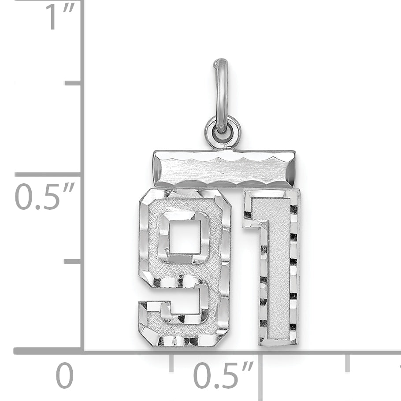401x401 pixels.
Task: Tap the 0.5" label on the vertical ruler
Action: click(x=45, y=197)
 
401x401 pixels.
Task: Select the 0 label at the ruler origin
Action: click(x=64, y=375)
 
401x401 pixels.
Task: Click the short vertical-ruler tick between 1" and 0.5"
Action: click(x=73, y=83)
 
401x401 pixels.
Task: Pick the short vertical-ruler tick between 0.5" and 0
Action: click(x=73, y=261)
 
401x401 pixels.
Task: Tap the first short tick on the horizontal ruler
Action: click(x=171, y=362)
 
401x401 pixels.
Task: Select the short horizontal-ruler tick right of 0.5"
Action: click(x=348, y=362)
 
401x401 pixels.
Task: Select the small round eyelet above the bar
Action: click(x=223, y=132)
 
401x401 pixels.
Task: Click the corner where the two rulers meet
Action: click(x=82, y=351)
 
